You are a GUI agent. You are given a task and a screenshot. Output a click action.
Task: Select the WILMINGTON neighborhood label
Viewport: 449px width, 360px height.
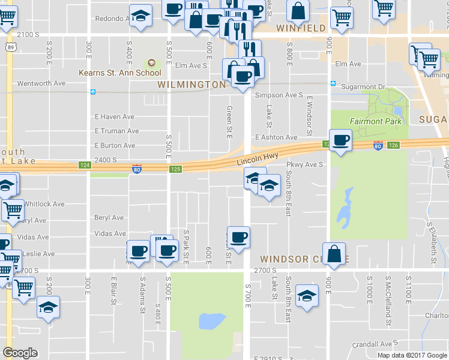pos(191,85)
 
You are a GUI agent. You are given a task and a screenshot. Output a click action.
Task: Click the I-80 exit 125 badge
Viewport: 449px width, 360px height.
pos(175,169)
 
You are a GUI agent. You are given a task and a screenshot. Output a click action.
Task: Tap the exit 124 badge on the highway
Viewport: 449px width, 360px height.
pos(83,165)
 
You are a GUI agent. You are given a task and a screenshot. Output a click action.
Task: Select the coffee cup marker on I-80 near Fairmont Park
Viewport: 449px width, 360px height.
pos(340,140)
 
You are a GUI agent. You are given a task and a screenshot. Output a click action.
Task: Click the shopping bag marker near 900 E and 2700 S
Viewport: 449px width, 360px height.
pos(334,253)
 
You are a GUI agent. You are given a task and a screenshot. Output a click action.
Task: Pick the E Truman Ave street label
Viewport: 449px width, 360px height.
pos(116,131)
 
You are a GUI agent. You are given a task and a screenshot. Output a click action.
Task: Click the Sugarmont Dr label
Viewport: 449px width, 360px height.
pos(363,87)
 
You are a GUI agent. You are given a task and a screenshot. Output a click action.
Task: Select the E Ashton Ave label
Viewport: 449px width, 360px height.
pos(276,137)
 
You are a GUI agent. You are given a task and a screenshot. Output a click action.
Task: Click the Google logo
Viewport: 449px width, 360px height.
pos(20,353)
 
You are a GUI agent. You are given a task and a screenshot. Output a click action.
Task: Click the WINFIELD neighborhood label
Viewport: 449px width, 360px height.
pos(301,28)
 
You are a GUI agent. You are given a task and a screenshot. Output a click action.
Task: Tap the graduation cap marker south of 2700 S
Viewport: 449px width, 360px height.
pos(307,296)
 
